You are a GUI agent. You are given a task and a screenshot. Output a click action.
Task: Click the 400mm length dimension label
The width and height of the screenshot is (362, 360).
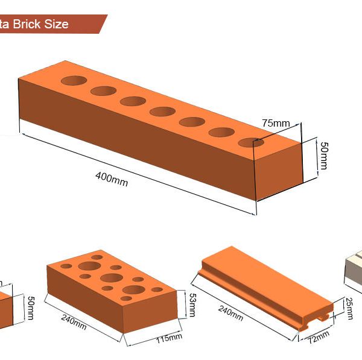pyautogui.click(x=112, y=179)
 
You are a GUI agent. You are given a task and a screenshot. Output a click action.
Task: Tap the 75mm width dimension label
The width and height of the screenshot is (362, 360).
pyautogui.click(x=276, y=123)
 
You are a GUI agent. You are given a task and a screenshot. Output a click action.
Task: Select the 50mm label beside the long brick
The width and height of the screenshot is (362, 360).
pyautogui.click(x=324, y=156)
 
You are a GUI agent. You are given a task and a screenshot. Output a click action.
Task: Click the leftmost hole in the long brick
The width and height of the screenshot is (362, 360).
pyautogui.click(x=73, y=80)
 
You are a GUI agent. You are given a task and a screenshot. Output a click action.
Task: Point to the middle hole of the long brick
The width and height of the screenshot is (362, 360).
pyautogui.click(x=163, y=111)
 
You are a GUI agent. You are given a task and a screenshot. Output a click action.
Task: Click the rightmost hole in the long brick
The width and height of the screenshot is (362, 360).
pyautogui.click(x=250, y=142)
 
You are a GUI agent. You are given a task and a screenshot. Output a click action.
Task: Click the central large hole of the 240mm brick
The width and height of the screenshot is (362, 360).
pyautogui.click(x=112, y=278)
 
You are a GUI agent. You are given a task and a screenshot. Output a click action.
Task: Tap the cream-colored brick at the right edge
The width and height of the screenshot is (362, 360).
pyautogui.click(x=353, y=268)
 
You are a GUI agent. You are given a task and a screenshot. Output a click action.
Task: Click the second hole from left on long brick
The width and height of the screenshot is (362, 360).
pyautogui.click(x=103, y=91)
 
